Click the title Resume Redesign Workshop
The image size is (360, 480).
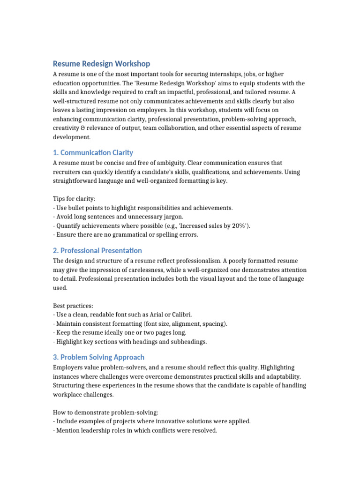(101, 63)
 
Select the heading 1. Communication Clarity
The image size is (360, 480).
(93, 152)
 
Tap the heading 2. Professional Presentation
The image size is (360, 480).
(97, 250)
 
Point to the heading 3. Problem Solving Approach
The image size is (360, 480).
(98, 357)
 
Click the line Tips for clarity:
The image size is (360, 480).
(74, 199)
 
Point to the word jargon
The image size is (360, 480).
(172, 217)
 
